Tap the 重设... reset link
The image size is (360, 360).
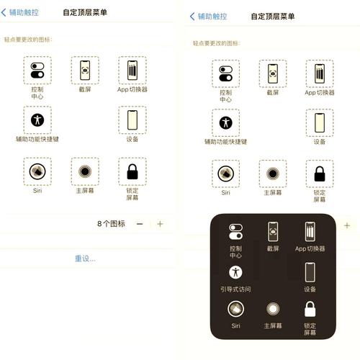(x=85, y=258)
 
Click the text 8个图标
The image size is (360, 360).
(x=111, y=224)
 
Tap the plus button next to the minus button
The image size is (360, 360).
(x=160, y=224)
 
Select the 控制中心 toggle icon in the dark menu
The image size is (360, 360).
(x=235, y=232)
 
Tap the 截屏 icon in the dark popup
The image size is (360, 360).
(x=272, y=232)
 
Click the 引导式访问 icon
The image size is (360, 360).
(x=235, y=272)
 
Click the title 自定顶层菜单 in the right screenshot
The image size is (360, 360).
(x=272, y=16)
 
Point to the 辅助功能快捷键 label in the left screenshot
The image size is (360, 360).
(x=37, y=140)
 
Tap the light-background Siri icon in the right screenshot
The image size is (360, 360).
(x=225, y=174)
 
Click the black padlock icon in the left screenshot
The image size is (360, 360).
(x=132, y=171)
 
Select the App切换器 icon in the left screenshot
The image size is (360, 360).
(x=132, y=71)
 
